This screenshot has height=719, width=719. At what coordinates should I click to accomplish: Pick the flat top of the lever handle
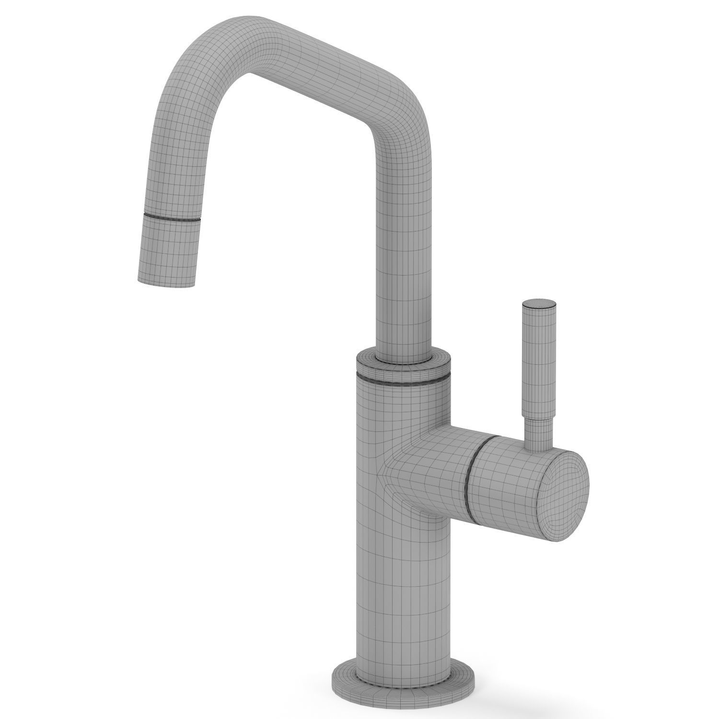pyautogui.click(x=540, y=303)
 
